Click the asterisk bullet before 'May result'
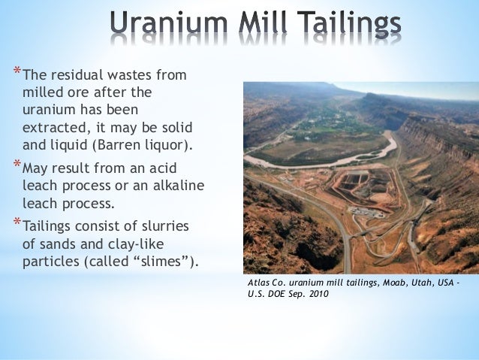coord(17,163)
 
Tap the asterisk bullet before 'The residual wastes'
coord(17,72)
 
